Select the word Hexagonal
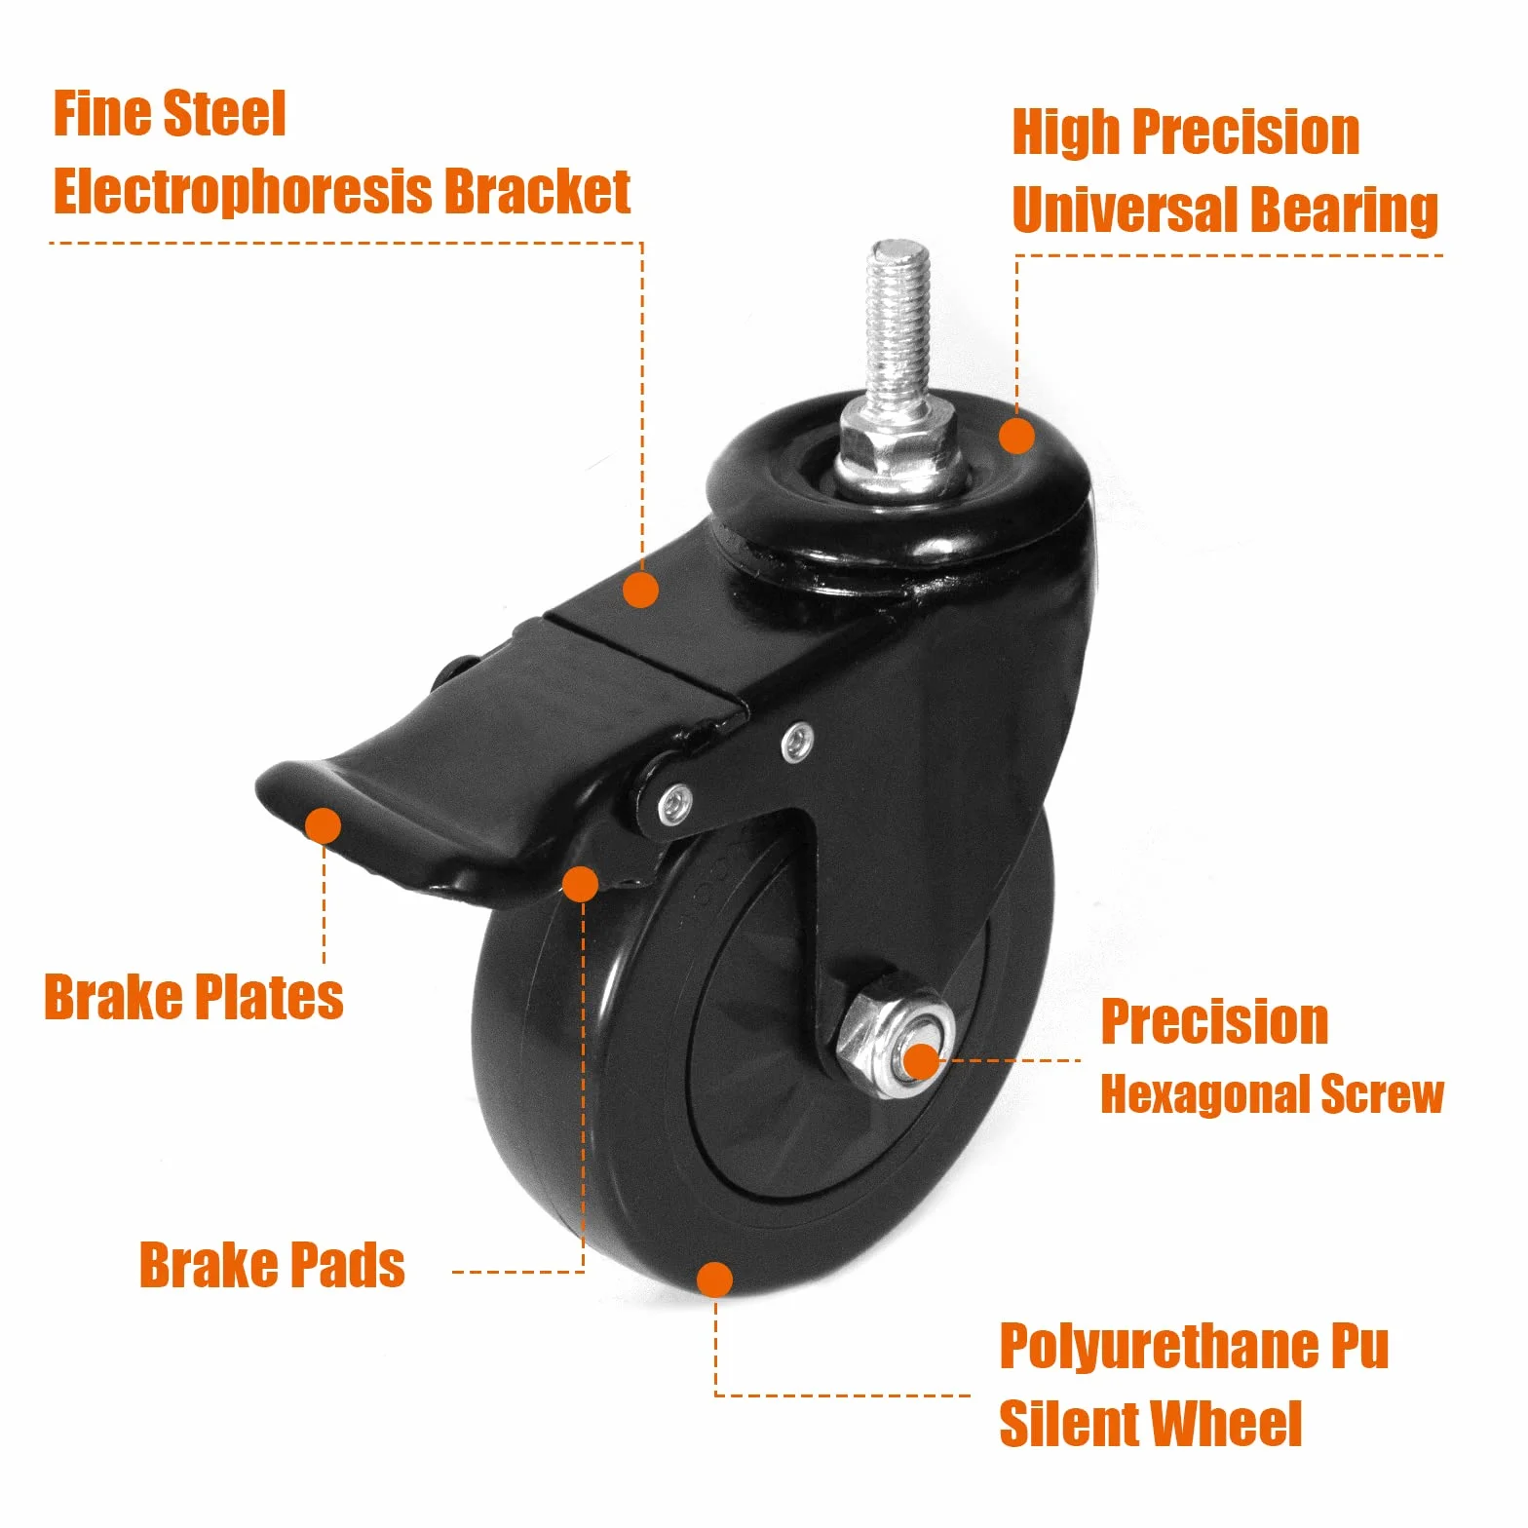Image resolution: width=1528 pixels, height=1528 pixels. pyautogui.click(x=1204, y=1095)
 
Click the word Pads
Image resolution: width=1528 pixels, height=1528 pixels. pyautogui.click(x=348, y=1265)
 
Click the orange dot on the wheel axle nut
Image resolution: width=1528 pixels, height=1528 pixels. pyautogui.click(x=921, y=1061)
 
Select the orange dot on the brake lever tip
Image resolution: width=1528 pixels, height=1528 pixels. pyautogui.click(x=323, y=825)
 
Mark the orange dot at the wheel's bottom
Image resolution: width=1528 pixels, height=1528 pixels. pyautogui.click(x=715, y=1280)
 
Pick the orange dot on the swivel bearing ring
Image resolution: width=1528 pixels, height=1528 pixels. pyautogui.click(x=1017, y=436)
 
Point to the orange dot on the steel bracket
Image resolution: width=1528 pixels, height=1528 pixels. pyautogui.click(x=640, y=590)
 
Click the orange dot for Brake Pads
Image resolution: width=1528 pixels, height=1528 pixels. pyautogui.click(x=581, y=884)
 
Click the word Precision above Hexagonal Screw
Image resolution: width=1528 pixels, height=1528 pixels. pyautogui.click(x=1214, y=1022)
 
